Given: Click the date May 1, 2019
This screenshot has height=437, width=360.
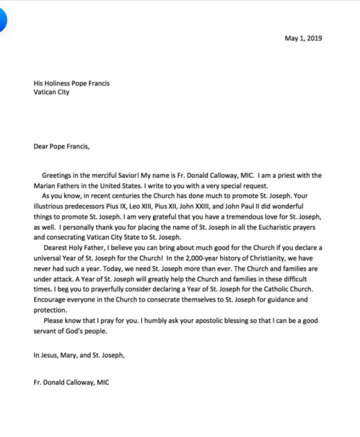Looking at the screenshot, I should click(x=303, y=38).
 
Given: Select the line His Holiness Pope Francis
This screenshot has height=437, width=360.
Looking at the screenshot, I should click(x=71, y=83).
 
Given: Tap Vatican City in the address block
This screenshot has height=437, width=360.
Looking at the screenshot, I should click(x=51, y=92).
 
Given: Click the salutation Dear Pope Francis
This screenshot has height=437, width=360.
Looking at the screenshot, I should click(x=61, y=147).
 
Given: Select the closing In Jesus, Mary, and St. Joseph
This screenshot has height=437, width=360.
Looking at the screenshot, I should click(x=79, y=355).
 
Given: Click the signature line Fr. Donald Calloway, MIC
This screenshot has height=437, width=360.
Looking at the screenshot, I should click(x=71, y=383).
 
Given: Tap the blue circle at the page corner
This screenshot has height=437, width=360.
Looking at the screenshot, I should click(x=2, y=21).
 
